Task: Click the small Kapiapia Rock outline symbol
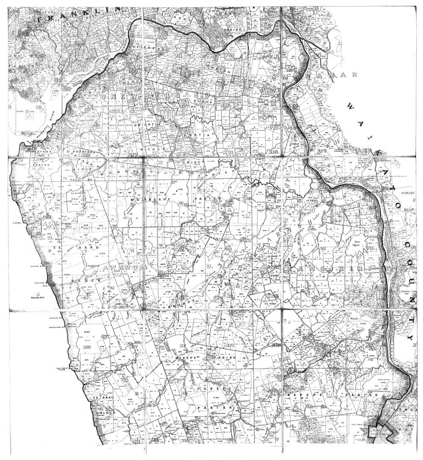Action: [38, 293]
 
